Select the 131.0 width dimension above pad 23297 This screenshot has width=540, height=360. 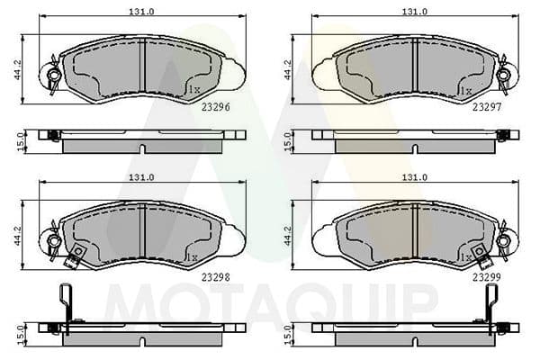413,12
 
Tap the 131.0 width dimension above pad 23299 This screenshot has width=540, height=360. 413,177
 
